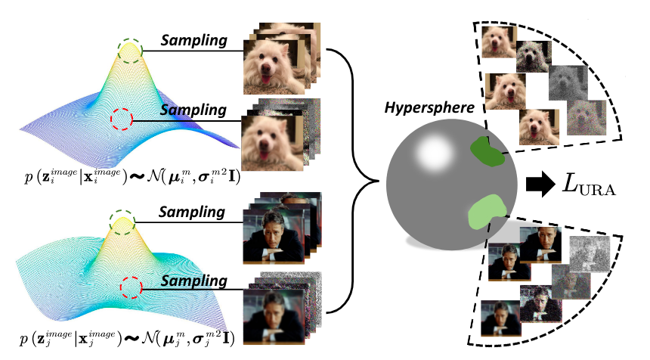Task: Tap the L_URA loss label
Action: coord(589,183)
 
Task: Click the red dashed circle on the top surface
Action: coord(121,119)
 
